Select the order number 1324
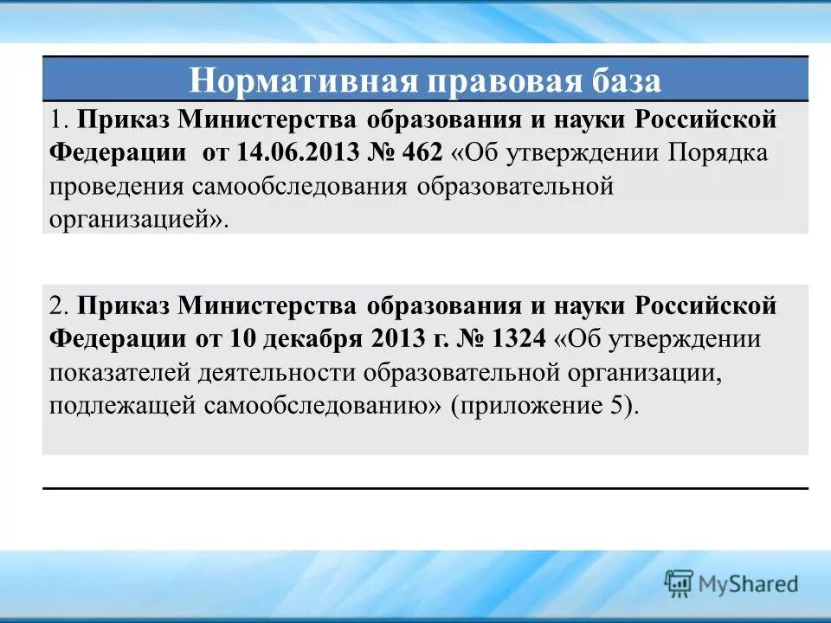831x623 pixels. coord(516,339)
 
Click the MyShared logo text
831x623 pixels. coord(749,583)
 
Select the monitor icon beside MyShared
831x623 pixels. coord(680,583)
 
